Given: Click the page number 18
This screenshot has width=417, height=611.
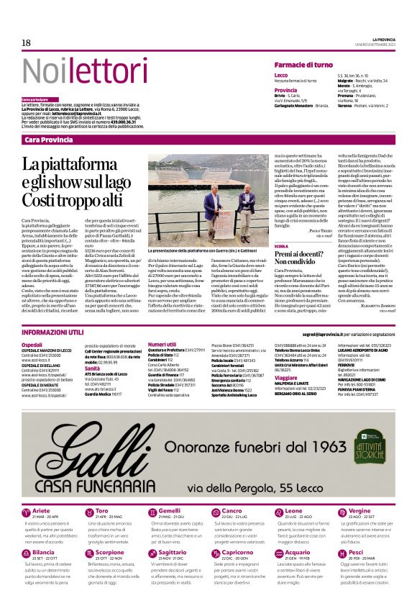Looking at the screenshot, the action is (x=26, y=43).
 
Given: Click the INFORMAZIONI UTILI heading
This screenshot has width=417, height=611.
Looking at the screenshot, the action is (x=52, y=333).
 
